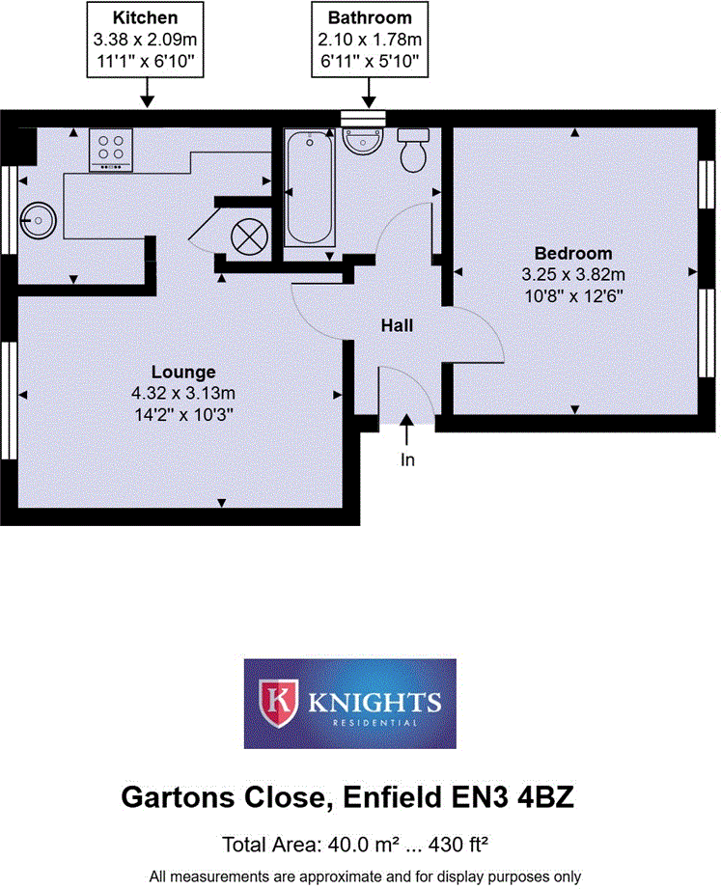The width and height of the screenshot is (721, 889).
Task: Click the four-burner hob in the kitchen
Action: pos(111,151)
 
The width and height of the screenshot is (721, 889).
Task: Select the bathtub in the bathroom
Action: pos(310,188)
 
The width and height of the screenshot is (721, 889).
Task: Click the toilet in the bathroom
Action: pos(414,151)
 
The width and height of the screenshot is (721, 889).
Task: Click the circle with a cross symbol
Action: pos(249,235)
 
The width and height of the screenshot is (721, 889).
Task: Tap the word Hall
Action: pos(397,326)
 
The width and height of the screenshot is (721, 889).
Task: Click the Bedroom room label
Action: pos(573,254)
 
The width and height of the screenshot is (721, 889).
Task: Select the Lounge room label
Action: pos(183,372)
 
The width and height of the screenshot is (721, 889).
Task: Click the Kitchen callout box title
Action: pos(145,17)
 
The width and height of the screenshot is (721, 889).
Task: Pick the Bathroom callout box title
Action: pos(370,17)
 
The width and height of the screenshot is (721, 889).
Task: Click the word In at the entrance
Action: pos(407,460)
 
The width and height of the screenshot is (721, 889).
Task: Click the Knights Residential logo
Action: pos(349,704)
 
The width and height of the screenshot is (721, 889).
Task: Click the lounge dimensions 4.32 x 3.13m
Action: pos(183,393)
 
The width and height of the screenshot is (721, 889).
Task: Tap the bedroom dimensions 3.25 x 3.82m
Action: pos(573,274)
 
